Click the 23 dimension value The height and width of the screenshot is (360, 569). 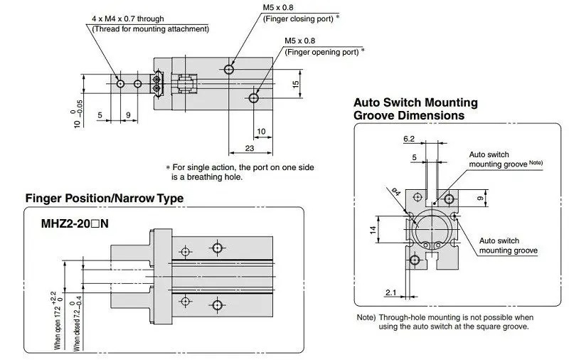pyautogui.click(x=250, y=148)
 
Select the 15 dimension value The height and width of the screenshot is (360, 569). pyautogui.click(x=296, y=84)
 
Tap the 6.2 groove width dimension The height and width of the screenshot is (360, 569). pyautogui.click(x=408, y=139)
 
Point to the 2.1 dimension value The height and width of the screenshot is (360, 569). pyautogui.click(x=390, y=292)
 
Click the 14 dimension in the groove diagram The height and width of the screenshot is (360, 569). pyautogui.click(x=373, y=230)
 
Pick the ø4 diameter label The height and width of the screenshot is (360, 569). pyautogui.click(x=396, y=191)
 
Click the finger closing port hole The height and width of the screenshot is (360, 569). pyautogui.click(x=228, y=69)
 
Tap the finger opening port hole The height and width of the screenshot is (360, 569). pyautogui.click(x=254, y=98)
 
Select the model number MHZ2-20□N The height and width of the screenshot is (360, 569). pyautogui.click(x=75, y=223)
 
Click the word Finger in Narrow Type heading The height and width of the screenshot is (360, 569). pyautogui.click(x=43, y=198)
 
